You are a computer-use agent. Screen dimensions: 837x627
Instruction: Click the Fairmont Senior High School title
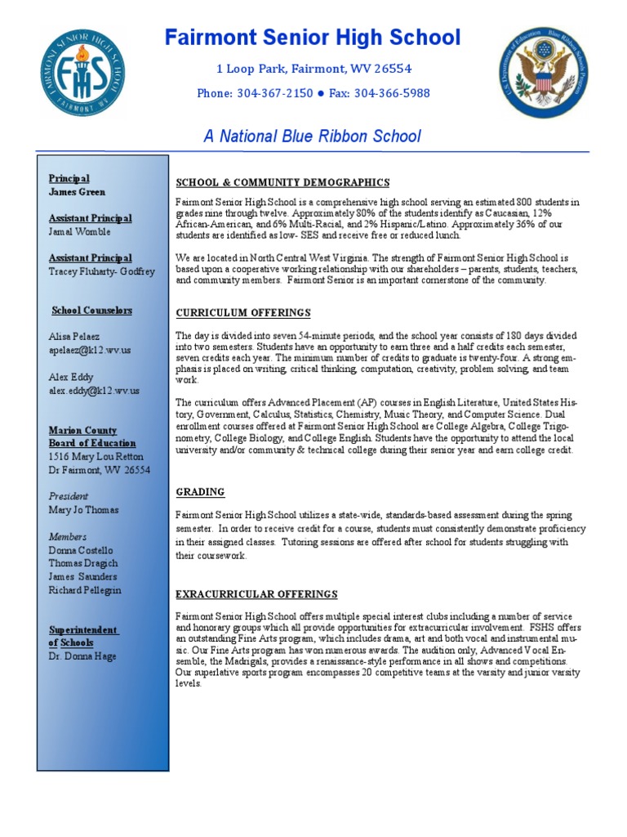(313, 38)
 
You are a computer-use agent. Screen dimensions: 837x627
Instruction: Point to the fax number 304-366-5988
(390, 93)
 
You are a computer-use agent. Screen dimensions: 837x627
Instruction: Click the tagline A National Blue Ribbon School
(313, 136)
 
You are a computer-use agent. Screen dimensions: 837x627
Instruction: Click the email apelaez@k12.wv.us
(89, 350)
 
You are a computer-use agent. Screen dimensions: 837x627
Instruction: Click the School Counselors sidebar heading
(91, 311)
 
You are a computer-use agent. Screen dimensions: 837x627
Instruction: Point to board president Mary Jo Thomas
(83, 510)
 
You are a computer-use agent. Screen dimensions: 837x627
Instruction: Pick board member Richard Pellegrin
(85, 590)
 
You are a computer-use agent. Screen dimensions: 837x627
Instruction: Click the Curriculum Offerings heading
(243, 313)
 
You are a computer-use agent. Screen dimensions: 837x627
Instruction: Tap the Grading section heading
(200, 492)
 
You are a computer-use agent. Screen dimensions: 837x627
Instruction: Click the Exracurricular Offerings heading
(257, 594)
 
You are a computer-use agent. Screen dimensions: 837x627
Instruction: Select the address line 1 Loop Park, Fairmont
(313, 69)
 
